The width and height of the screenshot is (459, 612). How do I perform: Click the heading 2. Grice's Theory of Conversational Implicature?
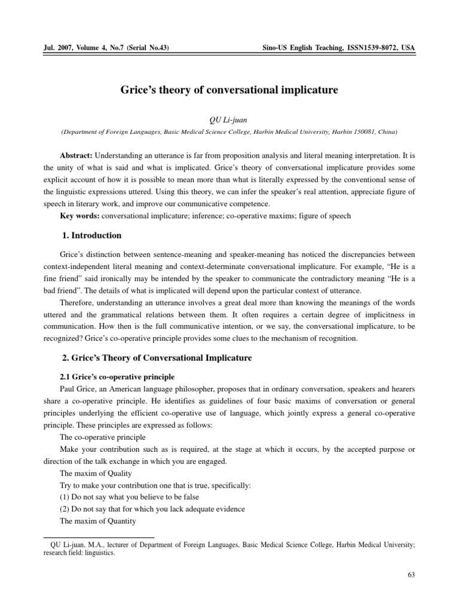point(157,358)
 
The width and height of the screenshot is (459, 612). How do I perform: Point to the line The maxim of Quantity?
point(97,521)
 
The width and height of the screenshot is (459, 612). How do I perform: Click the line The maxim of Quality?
point(96,473)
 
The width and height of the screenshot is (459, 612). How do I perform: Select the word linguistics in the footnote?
point(98,553)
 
